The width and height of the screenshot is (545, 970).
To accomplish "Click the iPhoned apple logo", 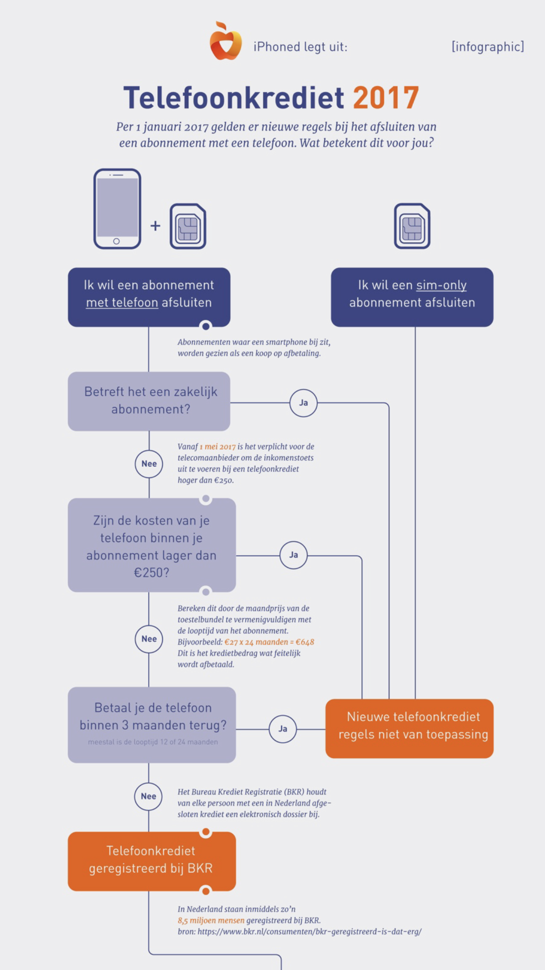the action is click(x=226, y=41).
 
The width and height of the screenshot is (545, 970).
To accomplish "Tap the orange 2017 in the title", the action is click(x=386, y=98).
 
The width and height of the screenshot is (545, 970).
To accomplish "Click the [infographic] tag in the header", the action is click(x=488, y=47).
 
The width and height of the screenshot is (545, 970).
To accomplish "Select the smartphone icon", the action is click(x=117, y=209).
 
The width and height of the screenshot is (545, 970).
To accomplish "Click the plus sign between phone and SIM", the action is click(x=155, y=226).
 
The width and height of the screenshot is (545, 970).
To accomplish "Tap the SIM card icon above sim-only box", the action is click(x=412, y=226).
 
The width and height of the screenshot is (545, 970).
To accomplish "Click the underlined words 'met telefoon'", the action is click(x=122, y=303).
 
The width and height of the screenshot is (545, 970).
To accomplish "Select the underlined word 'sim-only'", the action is click(x=441, y=285).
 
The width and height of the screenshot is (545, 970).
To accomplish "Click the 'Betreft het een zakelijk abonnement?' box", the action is click(x=149, y=401).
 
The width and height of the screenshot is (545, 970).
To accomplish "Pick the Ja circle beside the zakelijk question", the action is click(x=303, y=402).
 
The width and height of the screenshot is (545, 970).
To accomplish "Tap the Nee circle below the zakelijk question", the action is click(x=149, y=464).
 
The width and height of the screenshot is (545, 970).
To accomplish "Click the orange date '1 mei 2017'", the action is click(x=218, y=447).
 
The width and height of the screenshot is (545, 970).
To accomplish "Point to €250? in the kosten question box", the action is click(x=151, y=573).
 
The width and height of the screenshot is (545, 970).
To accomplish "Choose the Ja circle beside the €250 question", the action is click(x=294, y=555).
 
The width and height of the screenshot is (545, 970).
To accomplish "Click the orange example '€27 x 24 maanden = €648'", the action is click(x=269, y=642).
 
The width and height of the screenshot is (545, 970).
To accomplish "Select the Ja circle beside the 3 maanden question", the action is click(x=283, y=729).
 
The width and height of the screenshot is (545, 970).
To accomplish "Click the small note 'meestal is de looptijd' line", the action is click(x=153, y=742).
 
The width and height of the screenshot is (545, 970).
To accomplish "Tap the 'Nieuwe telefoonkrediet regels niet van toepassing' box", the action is click(x=409, y=728).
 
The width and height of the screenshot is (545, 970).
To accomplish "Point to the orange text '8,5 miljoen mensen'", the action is click(x=211, y=920).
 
